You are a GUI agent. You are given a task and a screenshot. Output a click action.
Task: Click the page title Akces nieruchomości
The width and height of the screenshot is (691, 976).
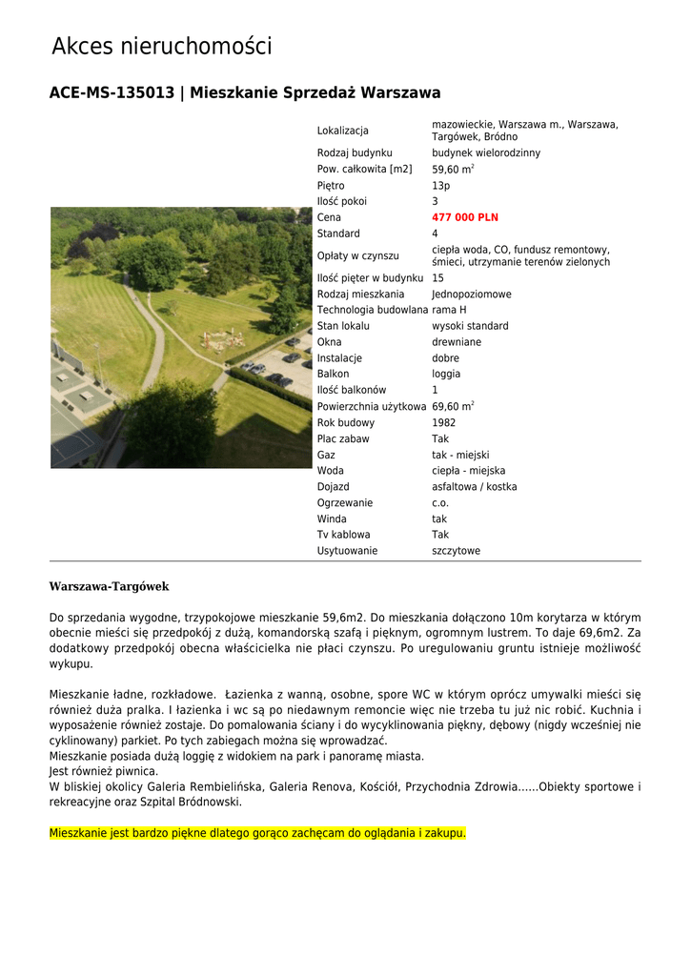[x=161, y=46]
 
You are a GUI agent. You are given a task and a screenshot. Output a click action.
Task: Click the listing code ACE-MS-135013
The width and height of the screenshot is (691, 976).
[x=112, y=93]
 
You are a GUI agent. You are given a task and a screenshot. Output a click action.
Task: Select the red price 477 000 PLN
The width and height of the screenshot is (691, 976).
[x=465, y=217]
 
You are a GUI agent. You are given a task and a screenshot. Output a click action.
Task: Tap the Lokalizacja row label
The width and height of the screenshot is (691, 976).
[x=342, y=131]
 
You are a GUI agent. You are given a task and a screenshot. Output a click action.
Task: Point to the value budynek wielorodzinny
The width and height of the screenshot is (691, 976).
[x=485, y=152]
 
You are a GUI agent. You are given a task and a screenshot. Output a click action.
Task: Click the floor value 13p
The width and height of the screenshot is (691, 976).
[x=440, y=186]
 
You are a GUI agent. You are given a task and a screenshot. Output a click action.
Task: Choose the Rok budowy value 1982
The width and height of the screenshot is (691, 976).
[x=443, y=422]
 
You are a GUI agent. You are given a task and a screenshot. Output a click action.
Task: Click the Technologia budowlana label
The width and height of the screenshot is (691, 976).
[x=372, y=310]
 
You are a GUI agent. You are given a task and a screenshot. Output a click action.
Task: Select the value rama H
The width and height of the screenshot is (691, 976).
[x=449, y=310]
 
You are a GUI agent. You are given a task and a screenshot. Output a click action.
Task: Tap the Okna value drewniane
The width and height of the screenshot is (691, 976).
[x=456, y=342]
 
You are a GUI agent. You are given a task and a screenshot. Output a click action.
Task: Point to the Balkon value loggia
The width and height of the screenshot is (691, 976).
[x=445, y=375]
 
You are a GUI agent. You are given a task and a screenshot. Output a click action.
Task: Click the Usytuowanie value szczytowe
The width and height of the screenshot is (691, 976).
[x=456, y=551]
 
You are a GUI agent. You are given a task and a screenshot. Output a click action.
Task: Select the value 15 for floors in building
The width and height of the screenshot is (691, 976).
[x=437, y=278]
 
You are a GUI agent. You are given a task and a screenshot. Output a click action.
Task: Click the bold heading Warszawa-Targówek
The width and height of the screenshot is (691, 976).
[x=109, y=586]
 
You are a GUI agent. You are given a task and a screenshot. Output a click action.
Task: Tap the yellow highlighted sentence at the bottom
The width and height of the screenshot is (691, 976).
[x=257, y=833]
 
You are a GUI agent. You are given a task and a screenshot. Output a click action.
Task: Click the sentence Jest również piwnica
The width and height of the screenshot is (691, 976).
[x=104, y=771]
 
